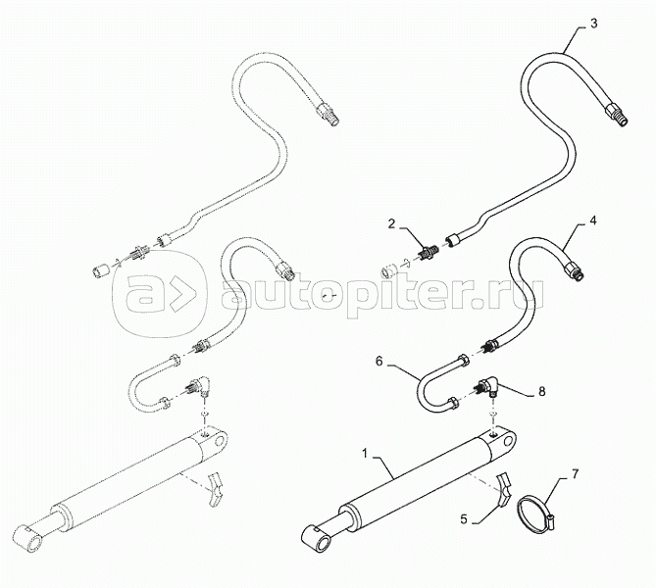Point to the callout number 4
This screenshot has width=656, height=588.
[x=592, y=223]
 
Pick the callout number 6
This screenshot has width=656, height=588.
[x=378, y=361]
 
